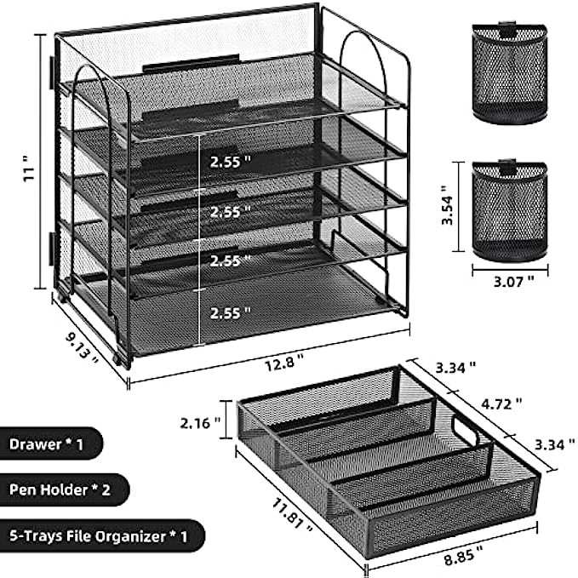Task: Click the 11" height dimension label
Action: click(x=29, y=168)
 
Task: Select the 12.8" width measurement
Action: click(x=284, y=363)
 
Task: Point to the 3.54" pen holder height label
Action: click(x=447, y=205)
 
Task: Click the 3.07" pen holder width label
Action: click(x=513, y=282)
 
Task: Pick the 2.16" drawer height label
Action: click(x=200, y=423)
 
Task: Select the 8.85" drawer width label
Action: click(x=463, y=555)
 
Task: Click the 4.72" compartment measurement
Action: click(x=501, y=404)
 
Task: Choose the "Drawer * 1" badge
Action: click(x=48, y=444)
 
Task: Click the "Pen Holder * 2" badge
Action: click(x=60, y=489)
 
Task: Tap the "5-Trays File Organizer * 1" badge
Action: click(x=99, y=535)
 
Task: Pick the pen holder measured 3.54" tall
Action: click(x=510, y=210)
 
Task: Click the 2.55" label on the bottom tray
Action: click(x=231, y=313)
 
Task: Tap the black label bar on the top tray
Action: click(x=191, y=64)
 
